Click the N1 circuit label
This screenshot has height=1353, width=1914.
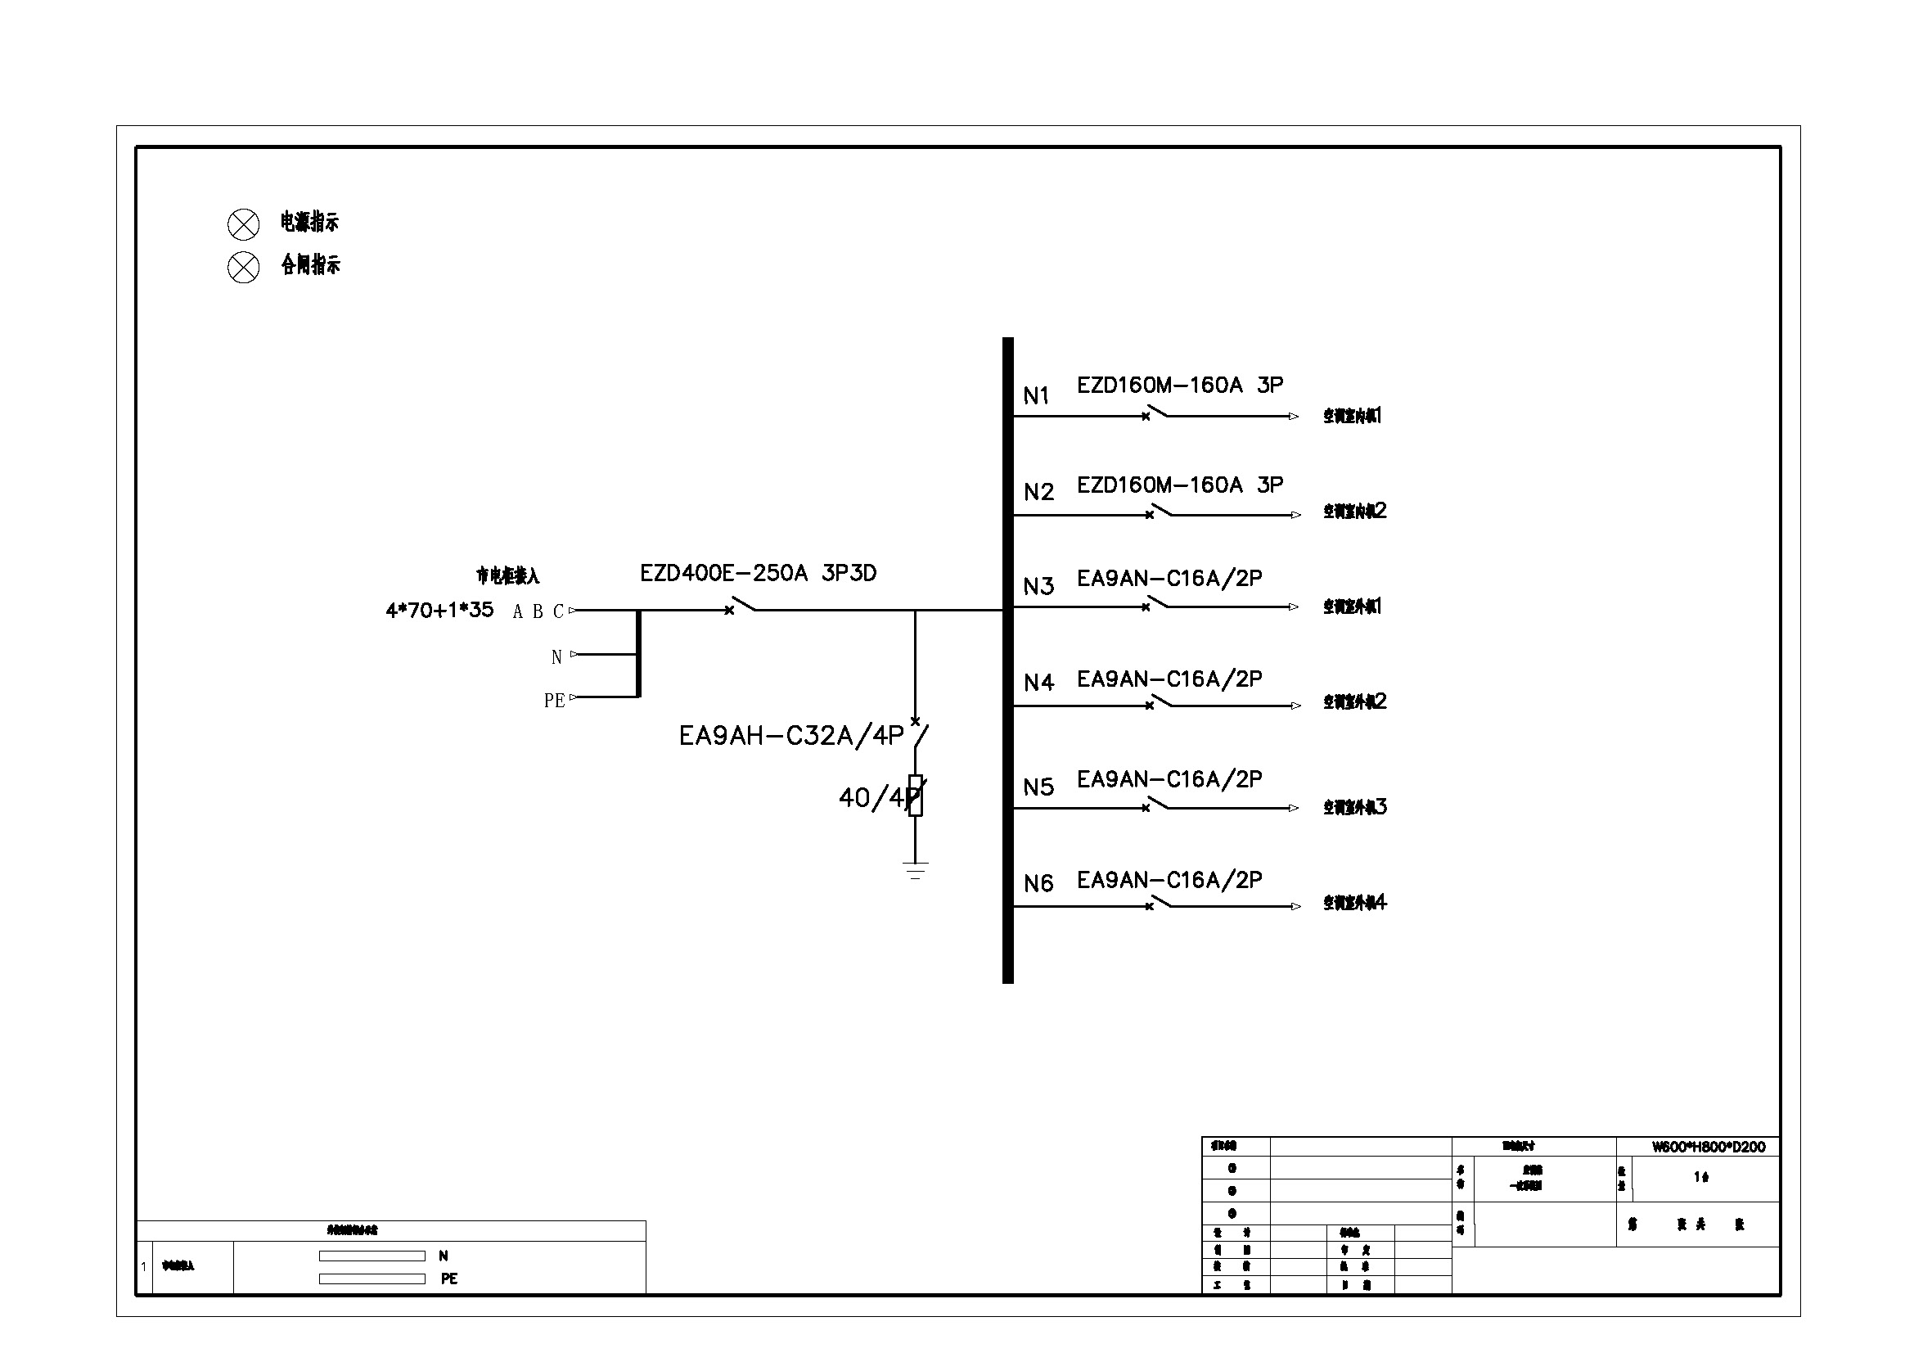tap(1035, 395)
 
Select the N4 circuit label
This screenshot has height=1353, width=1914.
tap(1038, 683)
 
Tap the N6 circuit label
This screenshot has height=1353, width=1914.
tap(1038, 883)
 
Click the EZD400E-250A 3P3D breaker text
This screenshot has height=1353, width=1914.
tap(758, 574)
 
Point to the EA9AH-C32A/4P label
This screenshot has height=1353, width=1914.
tap(790, 735)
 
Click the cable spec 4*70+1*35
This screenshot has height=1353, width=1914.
tap(439, 611)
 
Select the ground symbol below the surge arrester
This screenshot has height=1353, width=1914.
tap(916, 870)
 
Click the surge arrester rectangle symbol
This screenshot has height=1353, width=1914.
tap(916, 796)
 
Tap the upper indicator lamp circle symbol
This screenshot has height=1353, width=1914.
tap(243, 224)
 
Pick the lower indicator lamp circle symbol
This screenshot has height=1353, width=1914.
tap(243, 268)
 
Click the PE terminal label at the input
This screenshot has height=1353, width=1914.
tap(554, 701)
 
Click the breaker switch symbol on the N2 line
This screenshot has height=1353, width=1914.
tap(1159, 512)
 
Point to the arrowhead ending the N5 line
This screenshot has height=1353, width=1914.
tap(1293, 808)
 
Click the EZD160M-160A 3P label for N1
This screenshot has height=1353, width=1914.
tap(1180, 386)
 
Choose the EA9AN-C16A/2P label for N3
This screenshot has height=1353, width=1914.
tap(1169, 578)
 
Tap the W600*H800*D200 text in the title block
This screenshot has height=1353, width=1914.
tap(1708, 1147)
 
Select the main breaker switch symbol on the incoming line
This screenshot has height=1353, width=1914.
tap(741, 606)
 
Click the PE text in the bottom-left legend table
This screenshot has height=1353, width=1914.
tap(448, 1279)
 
